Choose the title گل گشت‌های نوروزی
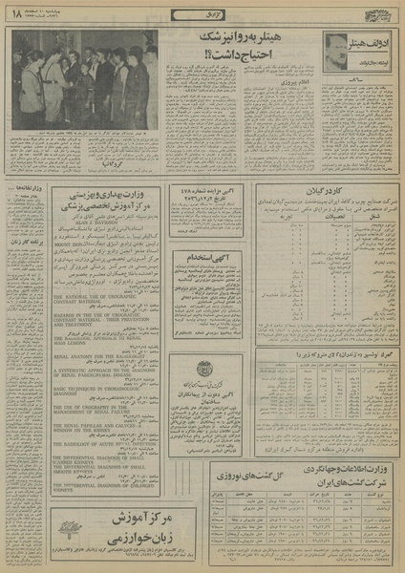click(215, 471)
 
